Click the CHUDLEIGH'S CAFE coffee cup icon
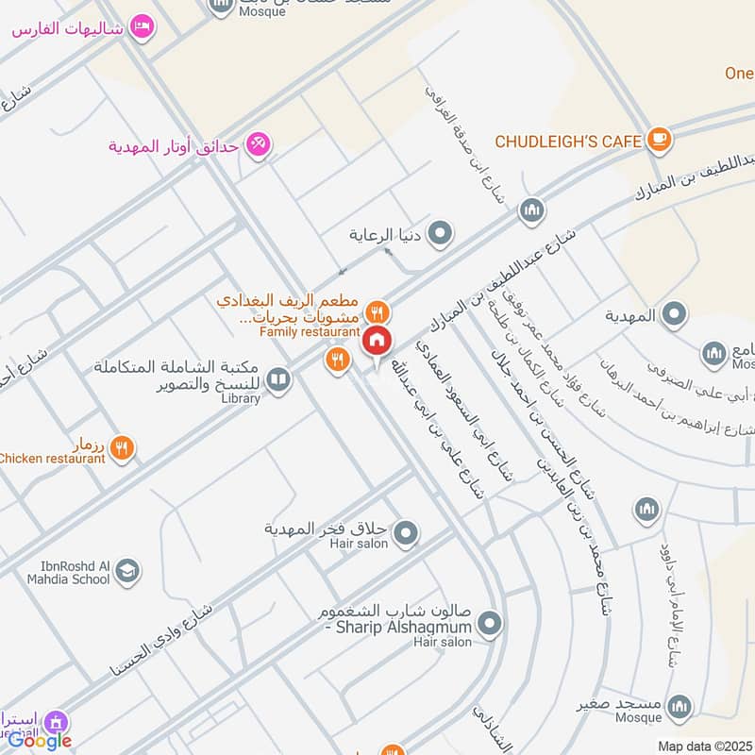pos(659,140)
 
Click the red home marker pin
pos(377,342)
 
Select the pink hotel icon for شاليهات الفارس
pos(142,26)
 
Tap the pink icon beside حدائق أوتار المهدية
pos(257,144)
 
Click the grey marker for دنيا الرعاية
pos(440,232)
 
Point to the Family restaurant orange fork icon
pos(377,310)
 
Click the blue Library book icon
pos(277,380)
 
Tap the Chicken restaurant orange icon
pos(122,448)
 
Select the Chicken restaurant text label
pos(52,459)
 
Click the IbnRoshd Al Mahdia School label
pos(62,573)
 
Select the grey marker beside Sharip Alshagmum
pos(489,623)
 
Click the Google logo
pos(40,741)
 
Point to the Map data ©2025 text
pos(703,745)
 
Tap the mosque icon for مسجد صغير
pos(679,706)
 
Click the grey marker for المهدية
pos(674,315)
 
